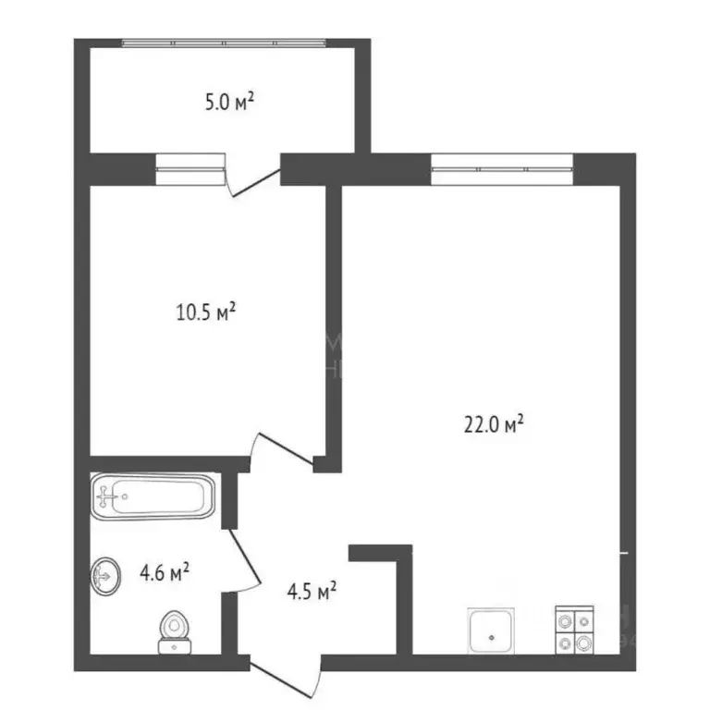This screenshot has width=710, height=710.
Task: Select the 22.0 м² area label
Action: point(494,424)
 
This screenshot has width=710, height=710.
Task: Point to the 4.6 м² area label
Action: point(165,574)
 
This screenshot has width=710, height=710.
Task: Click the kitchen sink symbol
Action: point(492,631)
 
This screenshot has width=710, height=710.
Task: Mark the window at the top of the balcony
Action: point(224,43)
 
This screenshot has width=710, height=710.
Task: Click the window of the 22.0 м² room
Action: point(502,170)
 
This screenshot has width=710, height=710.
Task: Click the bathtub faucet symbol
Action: point(109,497)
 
